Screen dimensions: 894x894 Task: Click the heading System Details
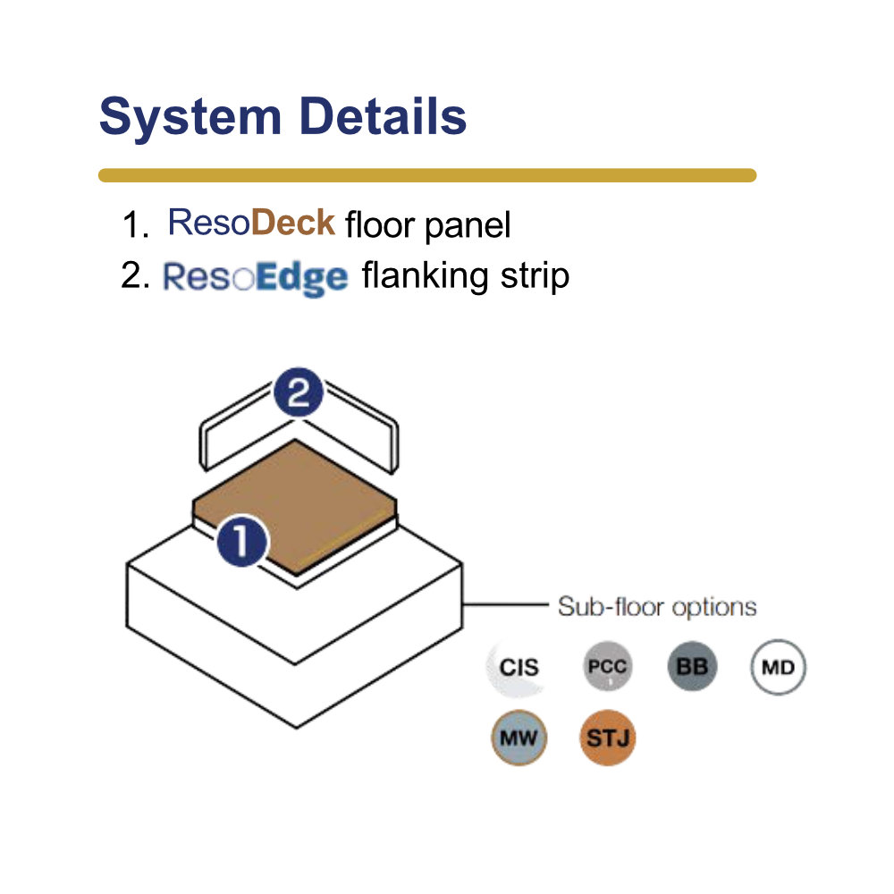point(283,117)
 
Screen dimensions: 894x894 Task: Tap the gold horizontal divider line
point(427,175)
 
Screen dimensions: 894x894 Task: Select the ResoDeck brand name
point(251,222)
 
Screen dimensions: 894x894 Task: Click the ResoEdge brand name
point(255,278)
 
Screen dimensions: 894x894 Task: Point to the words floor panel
point(427,224)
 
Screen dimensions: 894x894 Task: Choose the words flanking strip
point(465,276)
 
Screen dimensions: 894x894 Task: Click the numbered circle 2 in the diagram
point(299,392)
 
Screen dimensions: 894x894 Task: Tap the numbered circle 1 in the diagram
point(241,541)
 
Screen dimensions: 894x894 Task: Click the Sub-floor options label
point(657,607)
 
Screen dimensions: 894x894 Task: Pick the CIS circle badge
point(519,667)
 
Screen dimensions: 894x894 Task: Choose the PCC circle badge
point(607,667)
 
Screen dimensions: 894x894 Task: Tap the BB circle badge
point(692,667)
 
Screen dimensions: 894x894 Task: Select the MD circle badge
point(778,667)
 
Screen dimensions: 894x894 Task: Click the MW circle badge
point(519,738)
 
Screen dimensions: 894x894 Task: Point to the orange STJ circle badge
point(607,738)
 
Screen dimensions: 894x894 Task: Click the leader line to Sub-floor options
point(505,603)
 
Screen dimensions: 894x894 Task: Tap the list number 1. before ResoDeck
point(136,224)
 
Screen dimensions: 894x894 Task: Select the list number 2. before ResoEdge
point(136,275)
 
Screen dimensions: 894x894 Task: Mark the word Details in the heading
point(383,116)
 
